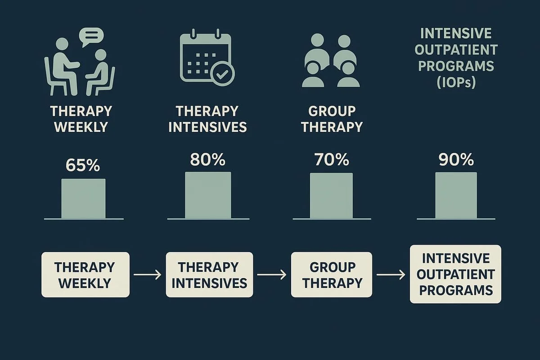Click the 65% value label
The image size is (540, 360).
[82, 165]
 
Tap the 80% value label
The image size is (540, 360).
[207, 160]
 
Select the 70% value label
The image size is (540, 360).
[331, 160]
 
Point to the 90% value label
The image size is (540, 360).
[456, 160]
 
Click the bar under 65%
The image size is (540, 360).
[83, 198]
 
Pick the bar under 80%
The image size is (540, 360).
[208, 195]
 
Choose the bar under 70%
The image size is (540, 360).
[331, 195]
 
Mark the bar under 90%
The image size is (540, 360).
[456, 195]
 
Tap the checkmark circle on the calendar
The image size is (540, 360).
[220, 74]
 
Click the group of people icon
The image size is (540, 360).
[331, 61]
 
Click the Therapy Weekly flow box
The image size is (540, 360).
[85, 274]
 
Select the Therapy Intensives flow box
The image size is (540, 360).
[209, 274]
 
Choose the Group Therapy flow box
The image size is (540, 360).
[331, 274]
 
